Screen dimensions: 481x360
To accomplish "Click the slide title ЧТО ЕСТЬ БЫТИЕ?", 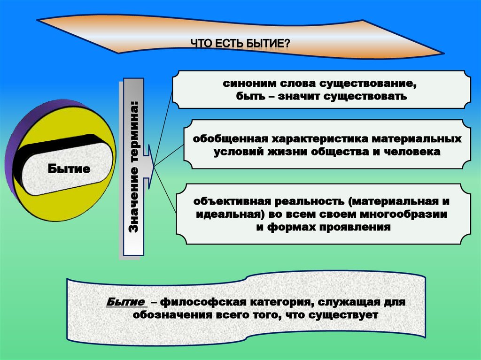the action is tap(240, 44).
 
